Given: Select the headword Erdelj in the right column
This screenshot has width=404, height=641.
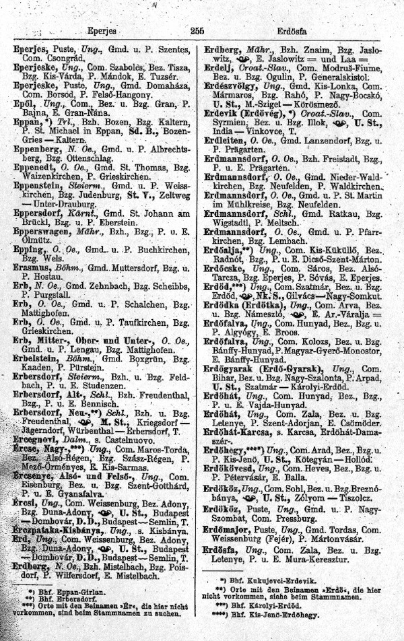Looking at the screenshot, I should (218, 68).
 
